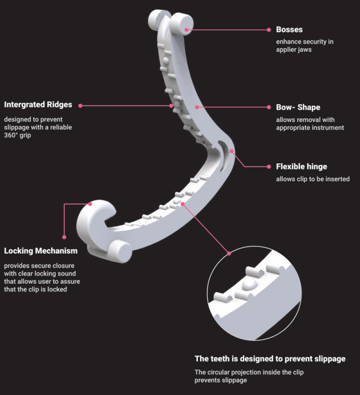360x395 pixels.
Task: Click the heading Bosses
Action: [290, 29]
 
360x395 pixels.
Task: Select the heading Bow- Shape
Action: [298, 107]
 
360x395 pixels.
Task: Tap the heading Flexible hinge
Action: [301, 167]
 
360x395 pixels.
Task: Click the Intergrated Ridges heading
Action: [38, 105]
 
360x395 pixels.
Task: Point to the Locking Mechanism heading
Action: [40, 250]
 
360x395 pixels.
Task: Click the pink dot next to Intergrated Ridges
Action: [80, 105]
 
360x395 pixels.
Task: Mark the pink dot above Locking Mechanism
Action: [64, 237]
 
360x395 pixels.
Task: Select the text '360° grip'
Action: [18, 136]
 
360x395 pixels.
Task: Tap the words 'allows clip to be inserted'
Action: [313, 179]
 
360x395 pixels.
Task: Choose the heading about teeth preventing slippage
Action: [270, 358]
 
